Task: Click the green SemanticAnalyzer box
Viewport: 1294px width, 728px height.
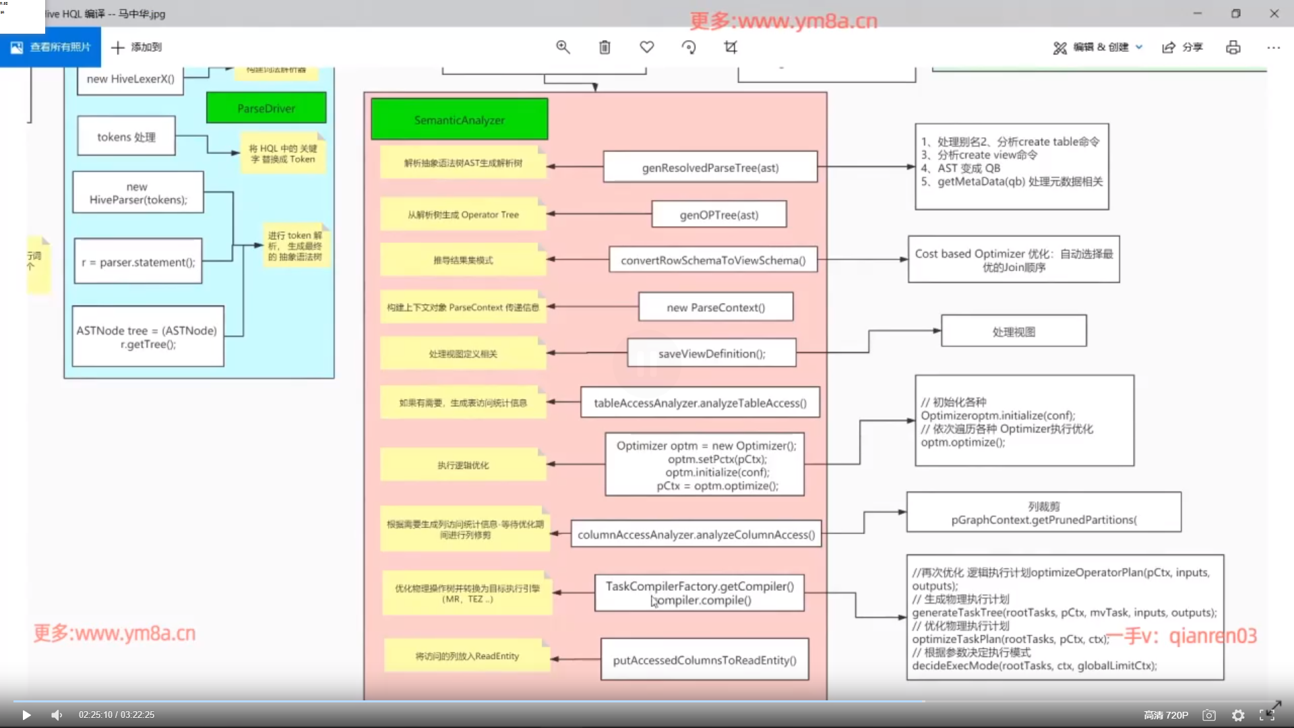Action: pos(459,120)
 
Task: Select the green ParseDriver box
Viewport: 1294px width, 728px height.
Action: pos(266,109)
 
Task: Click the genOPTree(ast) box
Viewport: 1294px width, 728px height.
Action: pos(718,214)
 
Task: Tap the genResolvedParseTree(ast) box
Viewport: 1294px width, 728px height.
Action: pos(710,167)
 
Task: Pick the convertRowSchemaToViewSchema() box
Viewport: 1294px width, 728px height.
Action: pos(712,260)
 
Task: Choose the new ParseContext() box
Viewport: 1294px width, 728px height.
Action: pos(715,307)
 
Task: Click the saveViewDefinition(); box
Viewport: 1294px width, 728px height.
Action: pos(711,353)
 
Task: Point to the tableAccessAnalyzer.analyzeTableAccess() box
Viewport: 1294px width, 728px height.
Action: pos(700,403)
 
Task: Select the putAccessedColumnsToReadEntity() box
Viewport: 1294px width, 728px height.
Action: pos(704,660)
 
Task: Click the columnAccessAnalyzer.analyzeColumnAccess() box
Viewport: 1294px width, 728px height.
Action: pos(696,535)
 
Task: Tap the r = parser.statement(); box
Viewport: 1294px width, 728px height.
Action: pos(138,262)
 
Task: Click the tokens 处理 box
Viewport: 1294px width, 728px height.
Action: pos(126,137)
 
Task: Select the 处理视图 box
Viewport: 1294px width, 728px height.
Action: pos(1013,331)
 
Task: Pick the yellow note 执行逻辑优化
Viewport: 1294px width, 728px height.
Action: pos(463,465)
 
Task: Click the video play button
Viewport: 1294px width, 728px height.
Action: pos(26,715)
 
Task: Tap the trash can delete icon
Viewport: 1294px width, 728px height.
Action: pos(605,47)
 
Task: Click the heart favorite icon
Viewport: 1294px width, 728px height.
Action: pos(646,47)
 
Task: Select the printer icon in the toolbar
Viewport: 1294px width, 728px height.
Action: pos(1233,47)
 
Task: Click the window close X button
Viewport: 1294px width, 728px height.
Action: pos(1274,13)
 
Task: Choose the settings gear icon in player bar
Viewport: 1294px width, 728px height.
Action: pos(1237,715)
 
